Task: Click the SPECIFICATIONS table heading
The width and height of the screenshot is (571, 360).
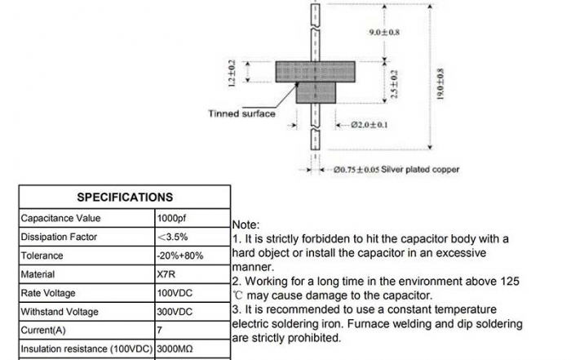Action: point(124,197)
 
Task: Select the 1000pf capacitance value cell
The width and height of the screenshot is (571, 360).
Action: point(171,219)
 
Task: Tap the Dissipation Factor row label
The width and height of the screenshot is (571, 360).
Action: point(59,238)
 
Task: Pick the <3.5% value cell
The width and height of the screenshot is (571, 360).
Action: point(173,238)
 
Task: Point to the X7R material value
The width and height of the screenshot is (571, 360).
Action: point(166,275)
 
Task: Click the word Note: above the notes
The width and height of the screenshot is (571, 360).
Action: point(246,224)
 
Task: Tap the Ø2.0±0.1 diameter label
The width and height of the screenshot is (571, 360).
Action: point(369,126)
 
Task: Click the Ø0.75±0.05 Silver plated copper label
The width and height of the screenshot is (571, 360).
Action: point(396,170)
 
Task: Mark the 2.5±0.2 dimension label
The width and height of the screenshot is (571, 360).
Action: point(396,84)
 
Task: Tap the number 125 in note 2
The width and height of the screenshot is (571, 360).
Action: point(508,281)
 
